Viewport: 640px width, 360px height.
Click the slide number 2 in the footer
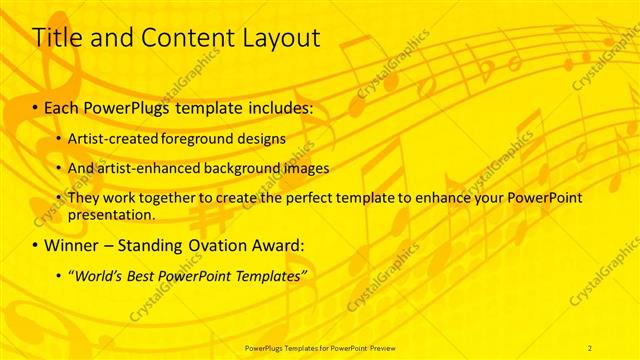[590, 347]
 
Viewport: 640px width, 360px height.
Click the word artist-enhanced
[142, 168]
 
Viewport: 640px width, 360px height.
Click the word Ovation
[220, 244]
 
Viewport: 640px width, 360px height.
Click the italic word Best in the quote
[147, 275]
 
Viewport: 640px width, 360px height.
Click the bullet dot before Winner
[37, 245]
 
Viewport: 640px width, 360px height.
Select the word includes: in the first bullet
[274, 106]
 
